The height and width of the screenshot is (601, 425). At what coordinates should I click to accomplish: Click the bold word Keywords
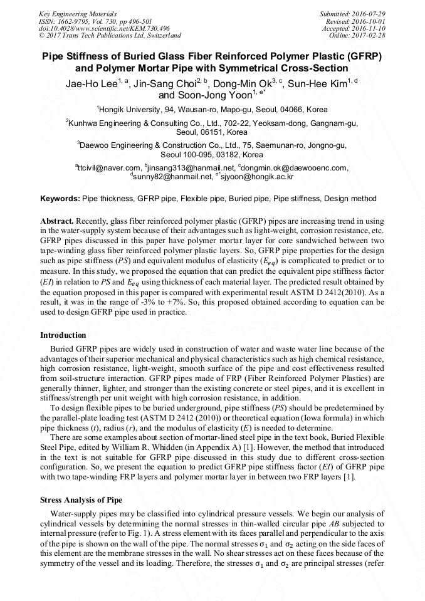pyautogui.click(x=60, y=199)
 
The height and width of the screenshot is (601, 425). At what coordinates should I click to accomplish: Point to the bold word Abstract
pyautogui.click(x=57, y=222)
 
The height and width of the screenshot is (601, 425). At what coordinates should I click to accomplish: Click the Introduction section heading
pyautogui.click(x=63, y=335)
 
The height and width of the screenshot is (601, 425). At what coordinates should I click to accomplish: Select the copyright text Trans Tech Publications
pyautogui.click(x=98, y=36)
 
